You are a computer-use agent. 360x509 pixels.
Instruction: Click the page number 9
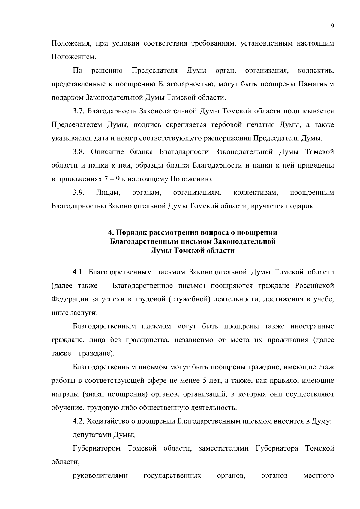click(332, 26)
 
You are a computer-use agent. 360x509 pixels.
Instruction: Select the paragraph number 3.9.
click(79, 193)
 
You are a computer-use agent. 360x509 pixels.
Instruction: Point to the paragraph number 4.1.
click(79, 272)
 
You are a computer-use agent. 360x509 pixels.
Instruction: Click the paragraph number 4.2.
click(79, 421)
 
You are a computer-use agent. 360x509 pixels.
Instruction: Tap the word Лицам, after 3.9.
click(108, 193)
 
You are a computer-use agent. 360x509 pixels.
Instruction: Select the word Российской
click(314, 286)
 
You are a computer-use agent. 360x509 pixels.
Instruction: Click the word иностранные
click(312, 326)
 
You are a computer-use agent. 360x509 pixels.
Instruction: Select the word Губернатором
click(97, 448)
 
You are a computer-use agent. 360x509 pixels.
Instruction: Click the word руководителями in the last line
click(100, 475)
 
